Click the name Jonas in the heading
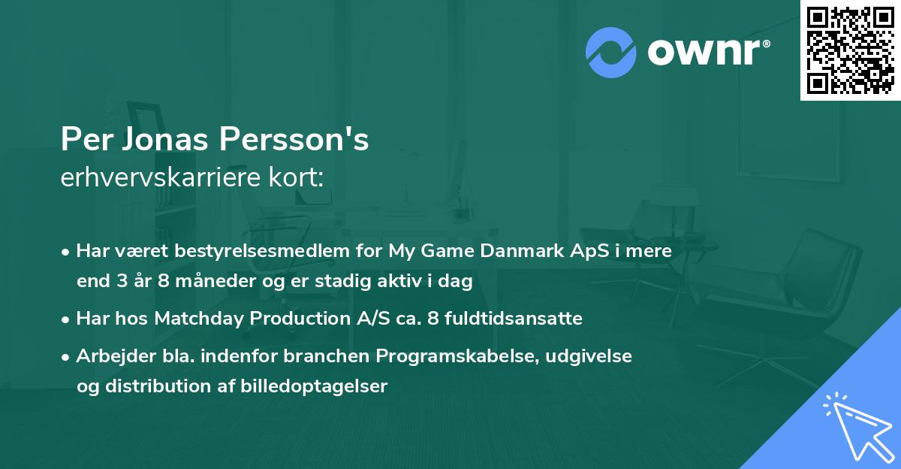click(x=155, y=140)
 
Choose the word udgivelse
click(x=589, y=356)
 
